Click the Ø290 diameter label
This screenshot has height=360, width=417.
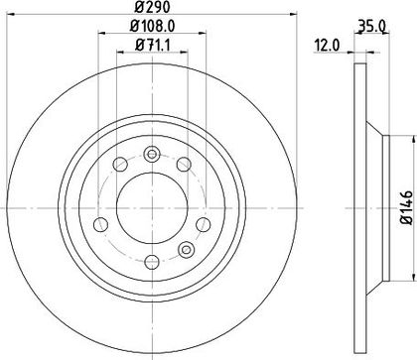tap(152, 7)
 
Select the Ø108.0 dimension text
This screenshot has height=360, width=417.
tap(152, 26)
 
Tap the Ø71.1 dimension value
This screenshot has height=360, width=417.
tap(153, 45)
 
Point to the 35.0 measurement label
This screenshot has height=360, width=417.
tap(370, 27)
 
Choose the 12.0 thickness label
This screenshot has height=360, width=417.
tap(327, 46)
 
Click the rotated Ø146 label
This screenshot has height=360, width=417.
tap(407, 208)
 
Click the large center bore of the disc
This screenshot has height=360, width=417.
tap(152, 208)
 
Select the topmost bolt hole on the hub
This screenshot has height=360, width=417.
tap(152, 154)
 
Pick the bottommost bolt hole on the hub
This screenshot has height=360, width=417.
tap(152, 263)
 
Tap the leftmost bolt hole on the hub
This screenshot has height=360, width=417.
tap(101, 225)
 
